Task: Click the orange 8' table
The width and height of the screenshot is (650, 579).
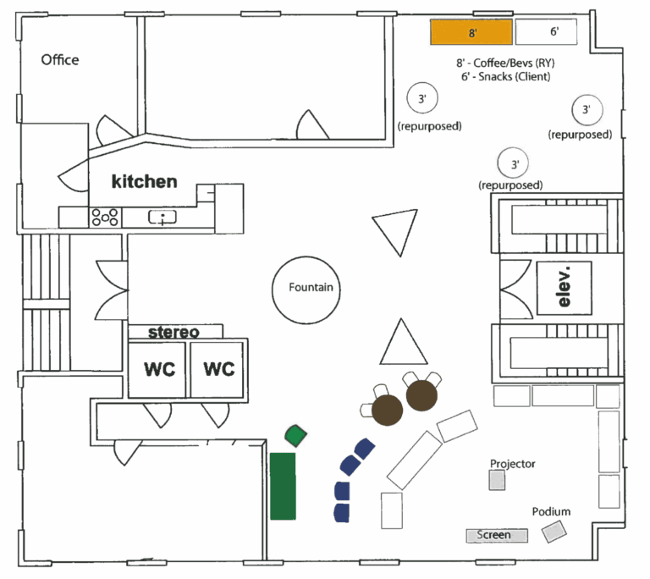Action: pos(471,32)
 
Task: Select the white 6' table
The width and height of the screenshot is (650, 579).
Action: pos(546,32)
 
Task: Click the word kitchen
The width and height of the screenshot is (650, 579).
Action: pos(145,181)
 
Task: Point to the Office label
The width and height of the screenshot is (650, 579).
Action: pos(60,60)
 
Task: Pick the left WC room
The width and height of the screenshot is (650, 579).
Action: pos(158,370)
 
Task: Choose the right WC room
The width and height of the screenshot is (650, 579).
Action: pos(218,370)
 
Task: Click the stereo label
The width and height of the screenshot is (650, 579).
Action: pos(174,332)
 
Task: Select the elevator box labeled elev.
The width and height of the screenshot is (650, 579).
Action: pos(563,285)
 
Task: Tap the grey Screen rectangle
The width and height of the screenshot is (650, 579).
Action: pos(497,535)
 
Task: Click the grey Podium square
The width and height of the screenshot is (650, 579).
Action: pos(554,532)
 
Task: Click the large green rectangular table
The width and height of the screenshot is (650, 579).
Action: pos(283,486)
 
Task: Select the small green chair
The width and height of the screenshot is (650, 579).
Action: pos(295,436)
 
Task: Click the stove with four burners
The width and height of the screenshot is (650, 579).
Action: pos(105,217)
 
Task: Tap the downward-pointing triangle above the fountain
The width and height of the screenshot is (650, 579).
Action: pos(395,232)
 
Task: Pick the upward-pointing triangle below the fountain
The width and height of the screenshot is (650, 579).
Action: pos(402,344)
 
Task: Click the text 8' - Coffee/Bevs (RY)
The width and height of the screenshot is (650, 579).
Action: pos(506,63)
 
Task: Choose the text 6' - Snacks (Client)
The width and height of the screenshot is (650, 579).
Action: pos(506,77)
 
